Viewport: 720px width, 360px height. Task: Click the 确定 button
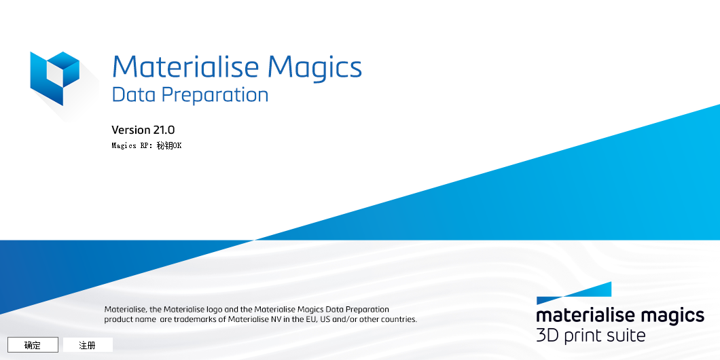coord(33,345)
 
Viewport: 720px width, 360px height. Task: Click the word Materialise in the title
coord(185,67)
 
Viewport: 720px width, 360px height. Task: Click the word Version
coord(130,130)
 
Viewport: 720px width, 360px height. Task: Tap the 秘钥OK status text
coord(169,145)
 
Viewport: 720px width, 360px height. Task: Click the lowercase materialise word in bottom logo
coord(585,316)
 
